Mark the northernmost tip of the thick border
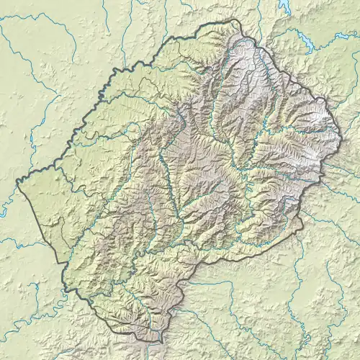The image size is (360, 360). [232, 19]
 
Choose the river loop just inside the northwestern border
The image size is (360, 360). [133, 130]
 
